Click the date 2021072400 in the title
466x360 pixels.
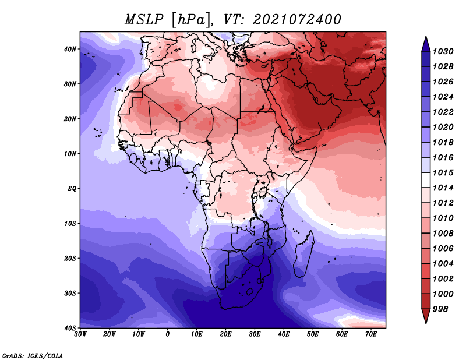click(296, 19)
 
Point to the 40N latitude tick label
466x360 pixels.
click(70, 49)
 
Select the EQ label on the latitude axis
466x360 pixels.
click(72, 189)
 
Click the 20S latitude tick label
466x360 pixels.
click(70, 258)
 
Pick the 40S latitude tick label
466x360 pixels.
click(70, 328)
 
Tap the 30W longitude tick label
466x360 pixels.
click(80, 335)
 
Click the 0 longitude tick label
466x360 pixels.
click(168, 335)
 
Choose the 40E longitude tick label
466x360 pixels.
click(284, 335)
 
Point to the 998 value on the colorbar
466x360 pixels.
click(440, 309)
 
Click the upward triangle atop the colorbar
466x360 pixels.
click(425, 43)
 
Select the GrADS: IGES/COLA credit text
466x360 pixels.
click(33, 355)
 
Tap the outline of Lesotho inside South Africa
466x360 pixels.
click(250, 291)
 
